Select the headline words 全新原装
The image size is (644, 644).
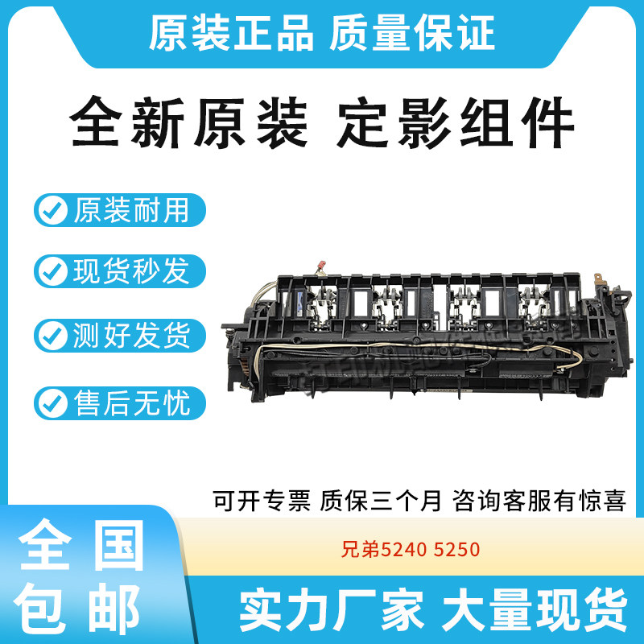pos(189,125)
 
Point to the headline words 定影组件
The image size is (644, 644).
pos(456,125)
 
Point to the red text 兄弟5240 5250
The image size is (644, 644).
pos(410,551)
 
